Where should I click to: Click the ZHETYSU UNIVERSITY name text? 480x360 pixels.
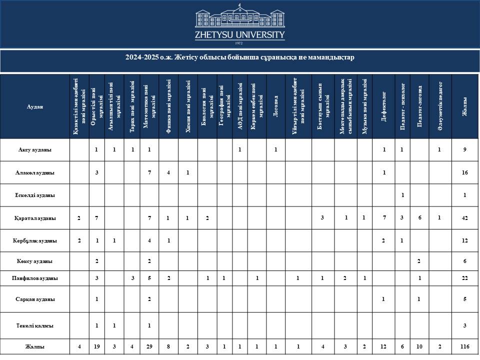tap(240, 35)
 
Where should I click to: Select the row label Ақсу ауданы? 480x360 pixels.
tap(35, 149)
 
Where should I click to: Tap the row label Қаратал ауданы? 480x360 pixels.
tap(35, 218)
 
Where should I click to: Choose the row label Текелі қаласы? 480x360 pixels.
tap(35, 325)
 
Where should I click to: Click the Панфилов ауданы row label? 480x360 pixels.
tap(35, 278)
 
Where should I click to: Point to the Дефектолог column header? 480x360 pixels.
tap(383, 106)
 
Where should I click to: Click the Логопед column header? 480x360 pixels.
tap(275, 106)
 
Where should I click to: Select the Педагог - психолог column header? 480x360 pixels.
tap(402, 106)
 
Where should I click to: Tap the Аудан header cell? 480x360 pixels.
tap(35, 106)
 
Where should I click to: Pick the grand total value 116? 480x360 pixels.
tap(465, 346)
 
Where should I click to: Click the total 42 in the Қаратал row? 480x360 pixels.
tap(465, 218)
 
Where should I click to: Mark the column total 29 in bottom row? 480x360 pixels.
tap(149, 346)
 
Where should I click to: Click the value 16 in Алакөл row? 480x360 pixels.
tap(465, 172)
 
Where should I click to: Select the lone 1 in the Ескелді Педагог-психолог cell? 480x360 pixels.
tap(402, 195)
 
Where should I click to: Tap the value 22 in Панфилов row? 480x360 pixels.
tap(465, 278)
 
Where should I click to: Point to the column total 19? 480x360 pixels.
tap(96, 346)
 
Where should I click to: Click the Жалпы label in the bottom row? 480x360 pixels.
tap(35, 346)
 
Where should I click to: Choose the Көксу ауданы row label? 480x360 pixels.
tap(35, 261)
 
